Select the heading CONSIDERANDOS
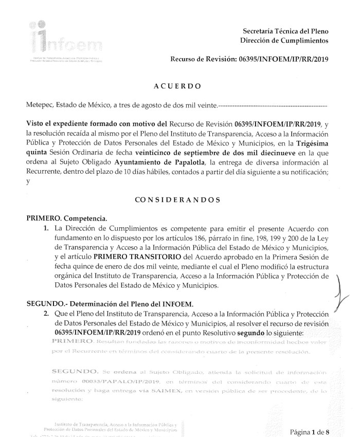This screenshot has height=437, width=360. pyautogui.click(x=177, y=198)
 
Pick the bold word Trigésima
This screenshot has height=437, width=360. pyautogui.click(x=311, y=143)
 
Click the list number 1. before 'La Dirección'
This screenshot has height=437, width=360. pyautogui.click(x=47, y=228)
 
